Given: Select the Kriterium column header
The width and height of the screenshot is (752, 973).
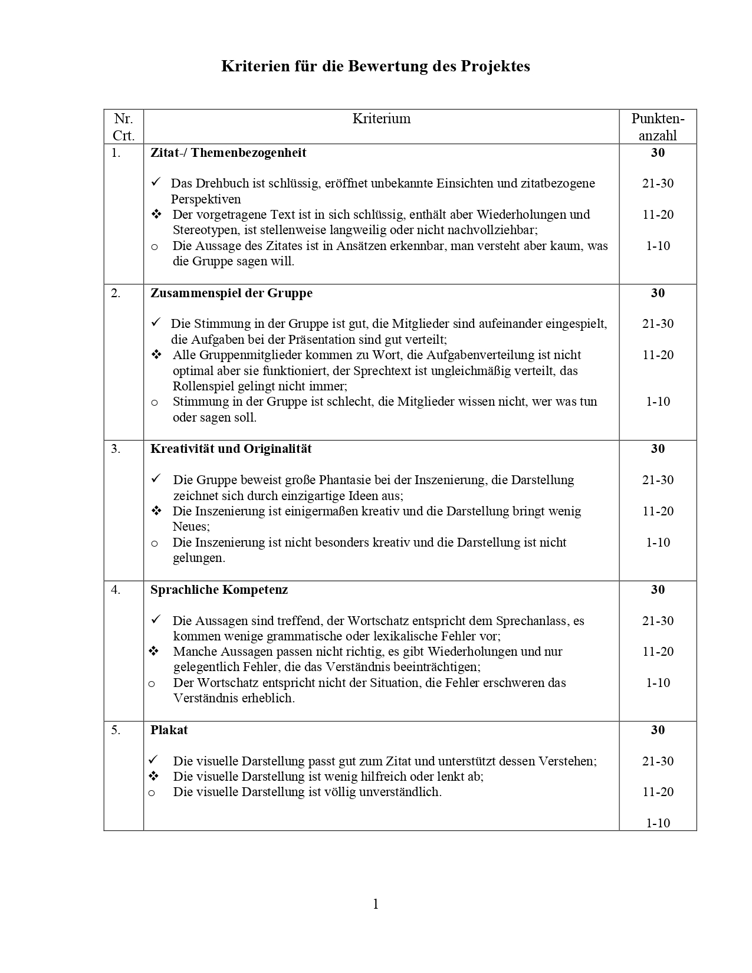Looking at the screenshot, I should [381, 119].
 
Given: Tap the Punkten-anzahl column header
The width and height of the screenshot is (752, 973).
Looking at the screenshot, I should [658, 126].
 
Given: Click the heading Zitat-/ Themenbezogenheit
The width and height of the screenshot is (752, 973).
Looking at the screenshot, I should [228, 153].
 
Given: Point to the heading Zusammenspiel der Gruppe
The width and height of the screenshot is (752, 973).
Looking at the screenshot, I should [231, 293].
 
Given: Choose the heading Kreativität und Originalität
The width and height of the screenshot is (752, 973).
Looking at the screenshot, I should [231, 449].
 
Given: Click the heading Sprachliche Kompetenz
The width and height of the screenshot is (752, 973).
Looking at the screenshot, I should [219, 590].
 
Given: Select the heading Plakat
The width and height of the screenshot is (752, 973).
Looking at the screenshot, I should [169, 730].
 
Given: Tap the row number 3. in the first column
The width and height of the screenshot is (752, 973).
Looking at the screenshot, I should [116, 449].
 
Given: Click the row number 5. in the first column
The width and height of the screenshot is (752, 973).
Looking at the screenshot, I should [116, 730].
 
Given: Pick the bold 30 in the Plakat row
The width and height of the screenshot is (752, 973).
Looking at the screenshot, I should [658, 730].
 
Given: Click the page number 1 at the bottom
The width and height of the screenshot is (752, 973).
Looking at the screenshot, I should [376, 904].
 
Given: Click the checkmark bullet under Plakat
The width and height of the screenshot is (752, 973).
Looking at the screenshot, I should [155, 760].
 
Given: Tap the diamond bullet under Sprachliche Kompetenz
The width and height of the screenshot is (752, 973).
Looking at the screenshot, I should [155, 651].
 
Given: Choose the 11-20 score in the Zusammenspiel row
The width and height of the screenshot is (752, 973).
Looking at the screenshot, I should [658, 355].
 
